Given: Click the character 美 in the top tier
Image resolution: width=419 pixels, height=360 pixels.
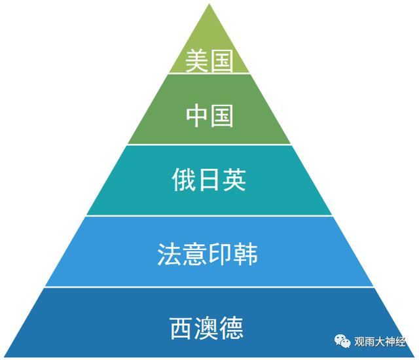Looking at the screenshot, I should pyautogui.click(x=197, y=62).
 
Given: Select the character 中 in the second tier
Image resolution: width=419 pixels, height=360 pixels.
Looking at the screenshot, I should pyautogui.click(x=197, y=117).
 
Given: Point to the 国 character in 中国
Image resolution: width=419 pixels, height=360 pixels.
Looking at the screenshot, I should pyautogui.click(x=221, y=117).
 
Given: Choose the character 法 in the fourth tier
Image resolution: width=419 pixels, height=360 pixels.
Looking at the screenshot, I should pyautogui.click(x=172, y=254).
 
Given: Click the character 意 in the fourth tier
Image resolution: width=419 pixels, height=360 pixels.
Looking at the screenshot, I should pyautogui.click(x=196, y=254).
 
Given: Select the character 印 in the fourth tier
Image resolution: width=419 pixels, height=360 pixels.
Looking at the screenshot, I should pyautogui.click(x=221, y=254).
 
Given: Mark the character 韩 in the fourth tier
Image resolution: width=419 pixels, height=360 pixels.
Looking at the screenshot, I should pyautogui.click(x=246, y=254).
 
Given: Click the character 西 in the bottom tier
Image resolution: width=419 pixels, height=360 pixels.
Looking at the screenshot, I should pyautogui.click(x=183, y=326).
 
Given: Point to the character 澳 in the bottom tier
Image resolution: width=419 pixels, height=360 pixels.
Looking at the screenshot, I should pyautogui.click(x=209, y=326).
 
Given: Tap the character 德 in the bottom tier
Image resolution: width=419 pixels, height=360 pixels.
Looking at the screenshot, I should pyautogui.click(x=234, y=326).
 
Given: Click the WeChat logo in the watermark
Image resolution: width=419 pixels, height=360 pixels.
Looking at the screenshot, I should pyautogui.click(x=343, y=342).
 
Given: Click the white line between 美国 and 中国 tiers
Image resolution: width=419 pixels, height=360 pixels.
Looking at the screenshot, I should pyautogui.click(x=209, y=74).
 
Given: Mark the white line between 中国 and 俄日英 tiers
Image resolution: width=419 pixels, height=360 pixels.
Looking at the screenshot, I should pyautogui.click(x=209, y=145).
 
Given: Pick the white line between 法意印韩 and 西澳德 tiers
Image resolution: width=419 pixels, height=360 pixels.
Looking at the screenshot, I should pyautogui.click(x=209, y=287).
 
